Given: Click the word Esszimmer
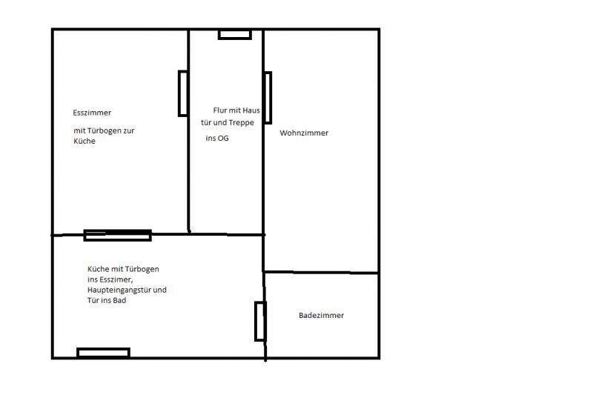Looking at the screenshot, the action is coord(92,113).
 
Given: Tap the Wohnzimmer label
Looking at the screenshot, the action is coord(304,133).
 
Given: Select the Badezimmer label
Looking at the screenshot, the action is coord(322,315).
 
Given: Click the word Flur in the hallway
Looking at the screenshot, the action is coord(219,110).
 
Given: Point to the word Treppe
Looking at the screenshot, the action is coord(242,123).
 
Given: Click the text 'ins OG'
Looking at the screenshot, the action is coord(217,139).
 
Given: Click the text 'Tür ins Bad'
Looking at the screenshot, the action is coord(107,300).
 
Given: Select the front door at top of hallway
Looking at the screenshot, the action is coord(235,35).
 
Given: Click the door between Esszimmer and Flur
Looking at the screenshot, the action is coord(183,93).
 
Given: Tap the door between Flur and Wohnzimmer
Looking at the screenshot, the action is coord(268,98).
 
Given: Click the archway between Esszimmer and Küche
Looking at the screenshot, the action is coord(118,235).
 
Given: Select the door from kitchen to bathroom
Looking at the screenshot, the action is coord(261,322).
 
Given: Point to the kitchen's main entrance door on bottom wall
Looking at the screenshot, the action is coord(103,353).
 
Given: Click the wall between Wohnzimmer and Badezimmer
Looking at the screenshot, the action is coord(321,272).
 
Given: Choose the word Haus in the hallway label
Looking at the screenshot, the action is coord(251,110).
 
